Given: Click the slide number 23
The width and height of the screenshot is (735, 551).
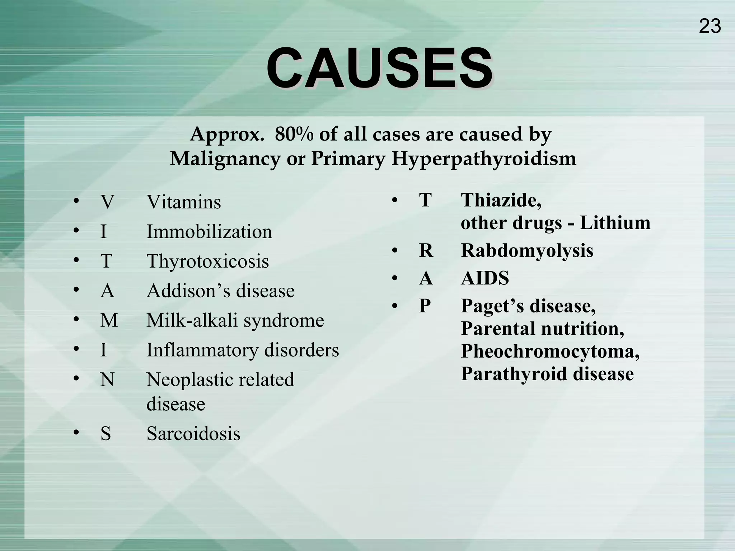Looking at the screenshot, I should click(710, 27).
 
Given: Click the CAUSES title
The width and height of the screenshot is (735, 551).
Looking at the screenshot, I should click(379, 68).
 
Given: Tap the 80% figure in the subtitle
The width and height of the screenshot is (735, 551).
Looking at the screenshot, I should click(294, 135).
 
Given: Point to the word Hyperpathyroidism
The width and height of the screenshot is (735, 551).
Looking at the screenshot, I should click(484, 159).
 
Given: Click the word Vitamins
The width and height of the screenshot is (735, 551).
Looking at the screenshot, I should click(184, 202).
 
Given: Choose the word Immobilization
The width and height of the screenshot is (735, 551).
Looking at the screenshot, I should click(209, 232).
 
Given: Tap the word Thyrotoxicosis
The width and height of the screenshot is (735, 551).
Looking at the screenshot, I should click(208, 261).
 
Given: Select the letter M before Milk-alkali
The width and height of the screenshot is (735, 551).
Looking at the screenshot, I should click(109, 320).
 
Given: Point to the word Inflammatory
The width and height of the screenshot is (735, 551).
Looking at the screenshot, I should click(202, 350).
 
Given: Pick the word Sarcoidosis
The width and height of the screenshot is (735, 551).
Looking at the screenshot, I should click(193, 433).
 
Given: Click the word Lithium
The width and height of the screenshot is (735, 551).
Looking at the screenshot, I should click(615, 223).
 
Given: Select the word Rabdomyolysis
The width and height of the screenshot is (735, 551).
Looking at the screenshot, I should click(527, 250).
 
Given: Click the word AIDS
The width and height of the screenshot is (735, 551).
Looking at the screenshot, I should click(485, 278).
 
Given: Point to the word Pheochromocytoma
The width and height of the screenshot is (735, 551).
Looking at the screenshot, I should click(550, 351).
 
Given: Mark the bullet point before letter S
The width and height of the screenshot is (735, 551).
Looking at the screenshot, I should click(76, 433).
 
